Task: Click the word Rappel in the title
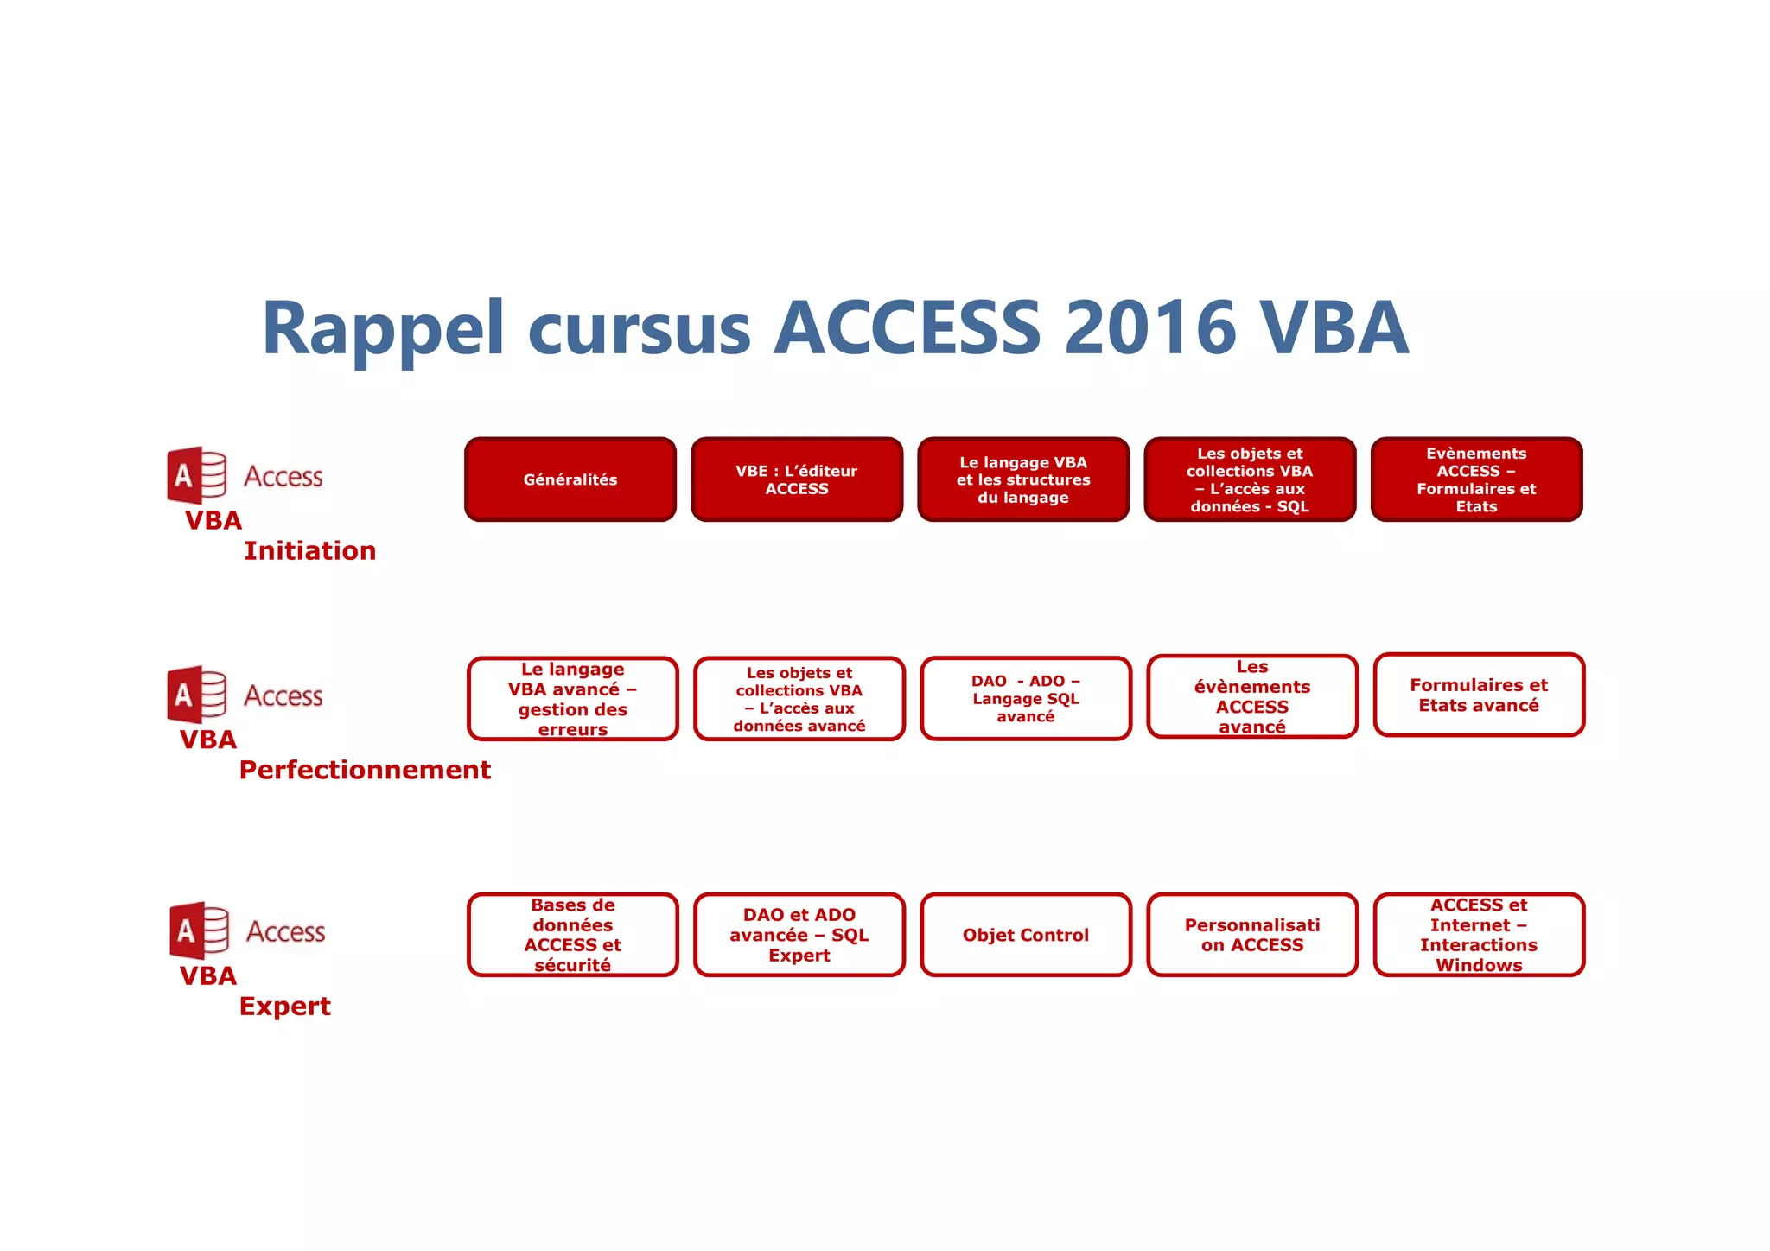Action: coord(383,328)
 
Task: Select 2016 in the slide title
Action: coord(1150,328)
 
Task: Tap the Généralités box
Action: coord(570,479)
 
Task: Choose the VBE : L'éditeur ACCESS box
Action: coord(797,479)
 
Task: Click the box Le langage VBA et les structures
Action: coord(1023,479)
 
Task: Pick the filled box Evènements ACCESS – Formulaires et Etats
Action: coord(1476,479)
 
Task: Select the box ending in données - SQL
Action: coord(1250,479)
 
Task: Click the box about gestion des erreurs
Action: coord(573,699)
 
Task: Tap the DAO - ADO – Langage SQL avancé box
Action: coord(1026,699)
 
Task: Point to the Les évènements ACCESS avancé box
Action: coord(1252,697)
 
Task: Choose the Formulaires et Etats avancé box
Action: coord(1479,695)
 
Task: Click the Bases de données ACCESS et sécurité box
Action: coord(573,935)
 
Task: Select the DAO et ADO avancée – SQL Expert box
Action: coord(799,935)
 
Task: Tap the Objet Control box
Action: coord(1026,935)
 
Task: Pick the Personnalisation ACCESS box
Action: coord(1252,935)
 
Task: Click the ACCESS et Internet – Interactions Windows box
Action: coord(1479,935)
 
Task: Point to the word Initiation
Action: coord(309,551)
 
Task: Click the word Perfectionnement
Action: coord(365,770)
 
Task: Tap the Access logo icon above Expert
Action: coord(200,930)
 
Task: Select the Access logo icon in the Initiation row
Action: coord(197,475)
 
